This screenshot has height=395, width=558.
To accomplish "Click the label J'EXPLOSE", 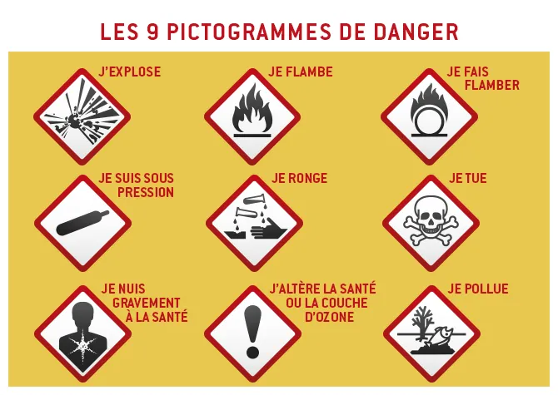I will tap(129, 72).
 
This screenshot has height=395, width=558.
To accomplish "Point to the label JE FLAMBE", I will tap(300, 72).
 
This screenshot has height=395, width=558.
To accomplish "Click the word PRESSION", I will tap(145, 192).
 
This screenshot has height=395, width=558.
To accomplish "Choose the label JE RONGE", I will tap(300, 178).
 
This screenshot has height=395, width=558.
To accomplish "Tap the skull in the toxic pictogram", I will tap(431, 218).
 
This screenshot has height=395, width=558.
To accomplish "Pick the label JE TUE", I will tap(467, 178).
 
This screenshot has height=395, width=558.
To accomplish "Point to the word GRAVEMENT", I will tap(141, 303).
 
